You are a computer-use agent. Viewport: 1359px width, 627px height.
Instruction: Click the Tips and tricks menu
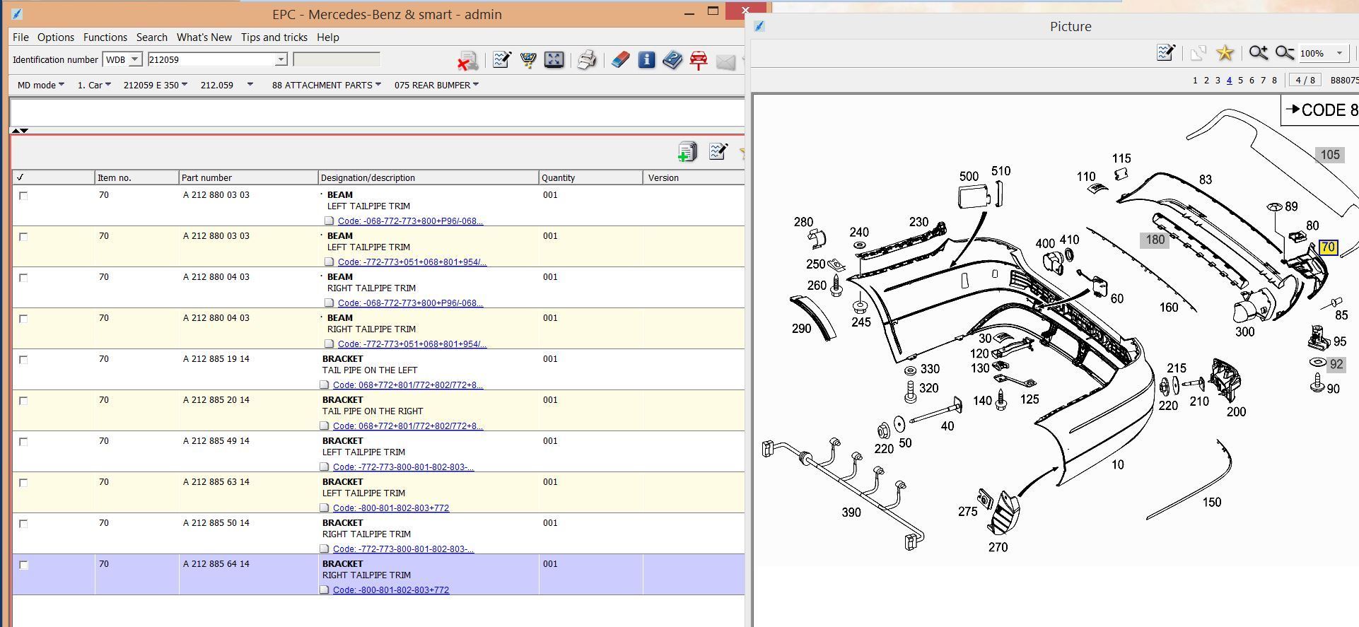pos(274,37)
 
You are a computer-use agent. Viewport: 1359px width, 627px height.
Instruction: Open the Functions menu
pos(105,37)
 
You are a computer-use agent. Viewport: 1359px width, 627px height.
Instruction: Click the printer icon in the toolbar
pos(587,60)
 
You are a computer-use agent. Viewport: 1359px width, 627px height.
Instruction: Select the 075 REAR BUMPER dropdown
pos(436,85)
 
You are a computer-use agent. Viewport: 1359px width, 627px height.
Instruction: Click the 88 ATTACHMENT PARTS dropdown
pos(326,85)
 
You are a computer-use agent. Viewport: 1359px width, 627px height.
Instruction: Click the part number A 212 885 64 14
pos(216,564)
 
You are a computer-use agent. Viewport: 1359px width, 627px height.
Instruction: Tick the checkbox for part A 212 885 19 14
pos(23,360)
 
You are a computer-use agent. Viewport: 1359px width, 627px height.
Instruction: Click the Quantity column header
pos(559,177)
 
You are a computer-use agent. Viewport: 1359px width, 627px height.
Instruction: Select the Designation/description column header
pos(368,177)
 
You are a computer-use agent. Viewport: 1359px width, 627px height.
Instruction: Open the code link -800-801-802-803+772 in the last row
pos(391,590)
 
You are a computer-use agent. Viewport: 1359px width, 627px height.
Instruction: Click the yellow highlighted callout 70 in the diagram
pos(1328,247)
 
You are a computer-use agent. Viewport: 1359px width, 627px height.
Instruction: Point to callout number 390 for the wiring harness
pos(851,512)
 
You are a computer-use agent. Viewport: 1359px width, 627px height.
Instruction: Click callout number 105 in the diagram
pos(1330,155)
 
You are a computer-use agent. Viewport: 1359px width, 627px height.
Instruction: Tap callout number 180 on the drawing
pos(1155,240)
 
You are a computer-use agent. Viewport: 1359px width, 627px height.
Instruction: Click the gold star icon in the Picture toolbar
pos(1225,53)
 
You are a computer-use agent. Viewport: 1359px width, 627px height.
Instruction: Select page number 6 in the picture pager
pos(1252,81)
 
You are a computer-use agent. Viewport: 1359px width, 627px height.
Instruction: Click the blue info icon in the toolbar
pos(646,60)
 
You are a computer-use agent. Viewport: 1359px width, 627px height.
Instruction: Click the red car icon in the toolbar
pos(699,60)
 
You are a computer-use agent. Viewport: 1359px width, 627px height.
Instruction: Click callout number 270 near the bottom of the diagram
pos(998,547)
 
